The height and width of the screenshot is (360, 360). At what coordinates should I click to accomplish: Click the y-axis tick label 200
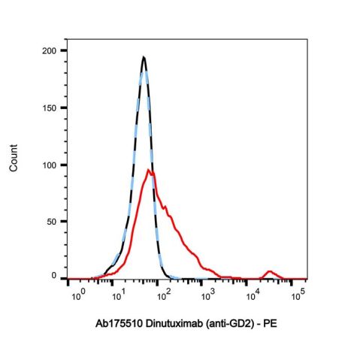coord(50,50)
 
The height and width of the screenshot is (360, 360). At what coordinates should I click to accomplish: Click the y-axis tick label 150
coord(50,107)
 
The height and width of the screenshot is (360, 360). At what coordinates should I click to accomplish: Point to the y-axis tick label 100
coord(50,165)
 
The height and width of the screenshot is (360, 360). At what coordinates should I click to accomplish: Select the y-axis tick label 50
coord(52,221)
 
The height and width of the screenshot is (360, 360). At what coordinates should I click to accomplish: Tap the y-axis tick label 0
coord(54,277)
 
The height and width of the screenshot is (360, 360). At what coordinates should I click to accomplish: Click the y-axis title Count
coord(14,165)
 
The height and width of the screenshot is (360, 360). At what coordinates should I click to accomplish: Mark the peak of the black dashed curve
coord(144,57)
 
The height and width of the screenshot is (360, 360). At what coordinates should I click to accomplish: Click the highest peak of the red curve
coord(150,171)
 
